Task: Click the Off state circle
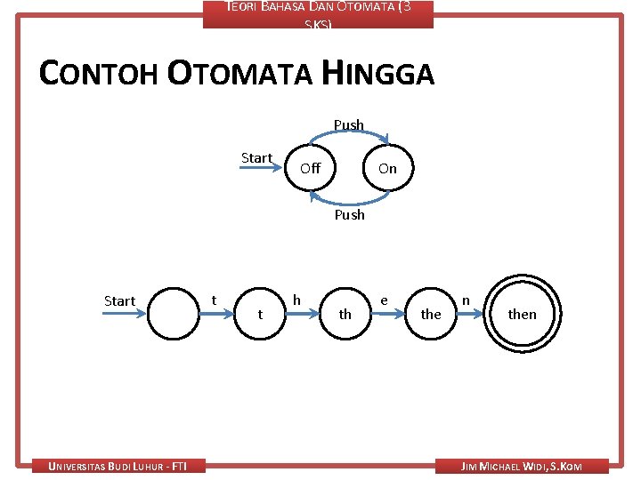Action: point(310,167)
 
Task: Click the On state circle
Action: point(387,167)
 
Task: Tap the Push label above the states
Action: point(349,125)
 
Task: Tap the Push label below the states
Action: point(349,214)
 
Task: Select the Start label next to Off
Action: point(256,158)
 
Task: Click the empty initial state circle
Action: point(174,313)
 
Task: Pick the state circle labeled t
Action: point(259,313)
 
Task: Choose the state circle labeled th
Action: point(345,313)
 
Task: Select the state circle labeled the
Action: point(431,313)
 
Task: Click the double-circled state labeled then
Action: point(522,313)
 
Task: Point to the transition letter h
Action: point(296,300)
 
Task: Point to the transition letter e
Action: point(383,300)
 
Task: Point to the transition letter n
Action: point(466,300)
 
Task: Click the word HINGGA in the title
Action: point(378,74)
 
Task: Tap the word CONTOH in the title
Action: point(100,74)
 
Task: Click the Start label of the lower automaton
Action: point(119,300)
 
